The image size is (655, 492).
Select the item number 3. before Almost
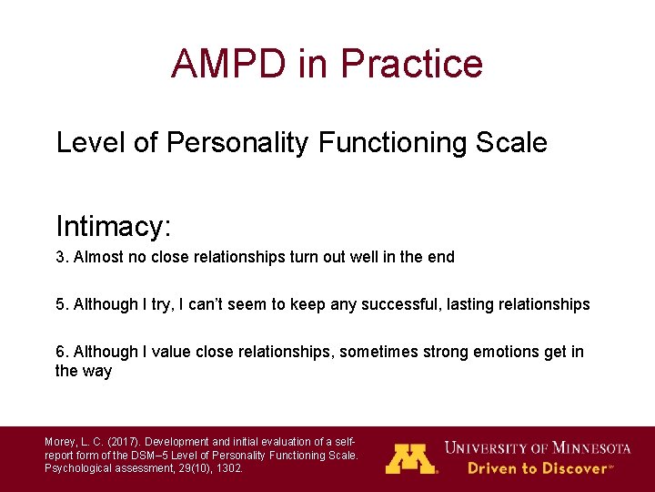[62, 257]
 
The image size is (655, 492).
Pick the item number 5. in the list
[62, 304]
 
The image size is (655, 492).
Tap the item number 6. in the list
[62, 352]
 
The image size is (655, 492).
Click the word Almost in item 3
[98, 257]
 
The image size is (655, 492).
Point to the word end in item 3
[440, 257]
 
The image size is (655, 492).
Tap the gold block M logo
[411, 458]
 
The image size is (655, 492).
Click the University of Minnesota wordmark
[537, 447]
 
